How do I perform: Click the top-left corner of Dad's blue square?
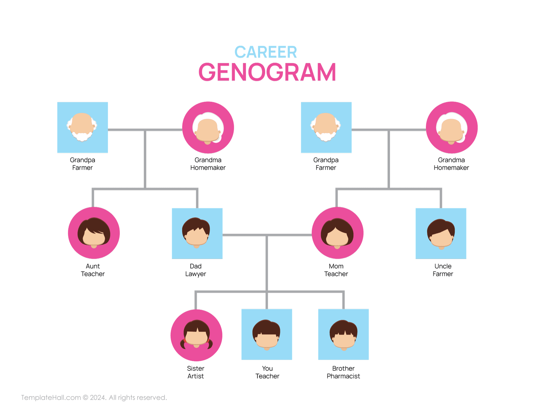click(172, 208)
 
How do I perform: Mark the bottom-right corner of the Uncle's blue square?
click(466, 259)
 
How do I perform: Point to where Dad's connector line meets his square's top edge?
click(197, 208)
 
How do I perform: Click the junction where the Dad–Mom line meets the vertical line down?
click(266, 235)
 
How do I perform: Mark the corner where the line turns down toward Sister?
click(196, 292)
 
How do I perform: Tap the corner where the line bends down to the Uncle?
click(441, 189)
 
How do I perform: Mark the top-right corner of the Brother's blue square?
click(369, 309)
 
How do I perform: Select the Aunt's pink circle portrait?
click(94, 233)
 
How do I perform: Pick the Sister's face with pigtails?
click(197, 334)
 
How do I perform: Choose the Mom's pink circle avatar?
click(337, 233)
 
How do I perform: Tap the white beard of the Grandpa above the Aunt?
click(82, 136)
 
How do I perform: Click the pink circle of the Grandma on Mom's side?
click(452, 128)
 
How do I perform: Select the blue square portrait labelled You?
click(266, 334)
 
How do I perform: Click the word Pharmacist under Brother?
click(343, 376)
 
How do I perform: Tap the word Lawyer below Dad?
click(196, 274)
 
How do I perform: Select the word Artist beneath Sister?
click(196, 376)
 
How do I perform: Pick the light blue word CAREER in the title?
click(265, 52)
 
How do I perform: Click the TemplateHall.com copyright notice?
click(94, 398)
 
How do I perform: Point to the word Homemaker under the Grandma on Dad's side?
click(208, 168)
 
